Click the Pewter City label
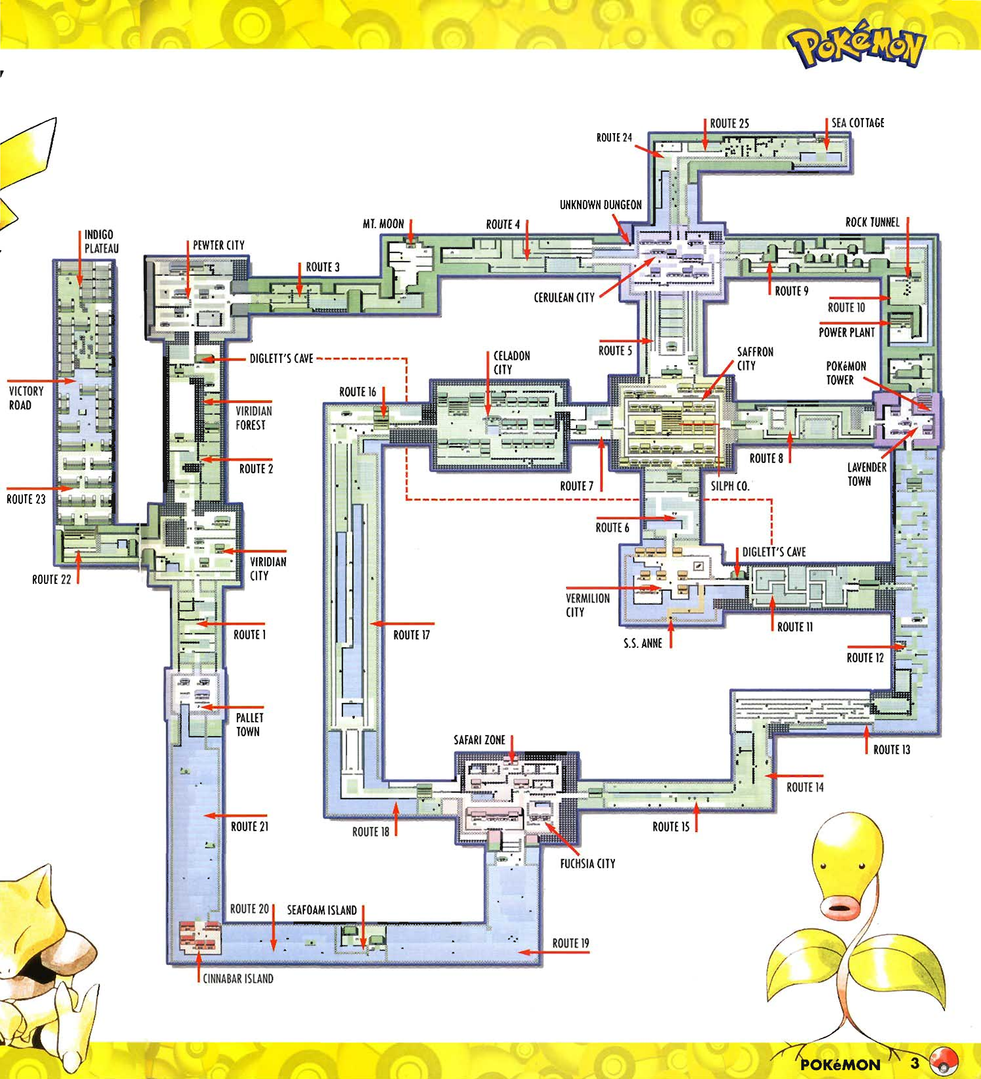pos(218,245)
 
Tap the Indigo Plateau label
pos(102,241)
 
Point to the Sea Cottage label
pos(858,123)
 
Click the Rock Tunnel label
pos(872,222)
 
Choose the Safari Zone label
pos(479,740)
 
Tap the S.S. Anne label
pos(643,643)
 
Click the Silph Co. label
pos(730,486)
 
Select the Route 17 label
pos(411,635)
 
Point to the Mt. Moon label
pos(383,224)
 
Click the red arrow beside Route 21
pos(235,816)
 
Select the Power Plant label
pos(847,332)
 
